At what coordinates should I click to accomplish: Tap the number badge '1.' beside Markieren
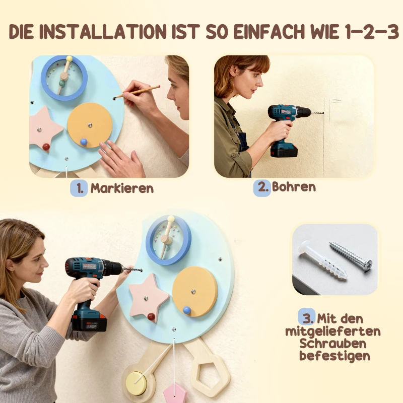pos(79,188)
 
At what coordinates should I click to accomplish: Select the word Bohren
pos(294,187)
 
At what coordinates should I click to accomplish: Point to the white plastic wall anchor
pos(322,261)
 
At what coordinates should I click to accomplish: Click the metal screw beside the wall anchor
pos(351,255)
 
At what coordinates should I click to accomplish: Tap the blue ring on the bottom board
pos(169,240)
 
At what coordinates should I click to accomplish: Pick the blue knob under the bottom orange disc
pos(187,311)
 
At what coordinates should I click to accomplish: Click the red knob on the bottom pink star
pos(151,316)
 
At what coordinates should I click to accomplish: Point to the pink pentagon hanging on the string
pos(175,393)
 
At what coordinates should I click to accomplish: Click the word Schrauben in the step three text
pos(333,344)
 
